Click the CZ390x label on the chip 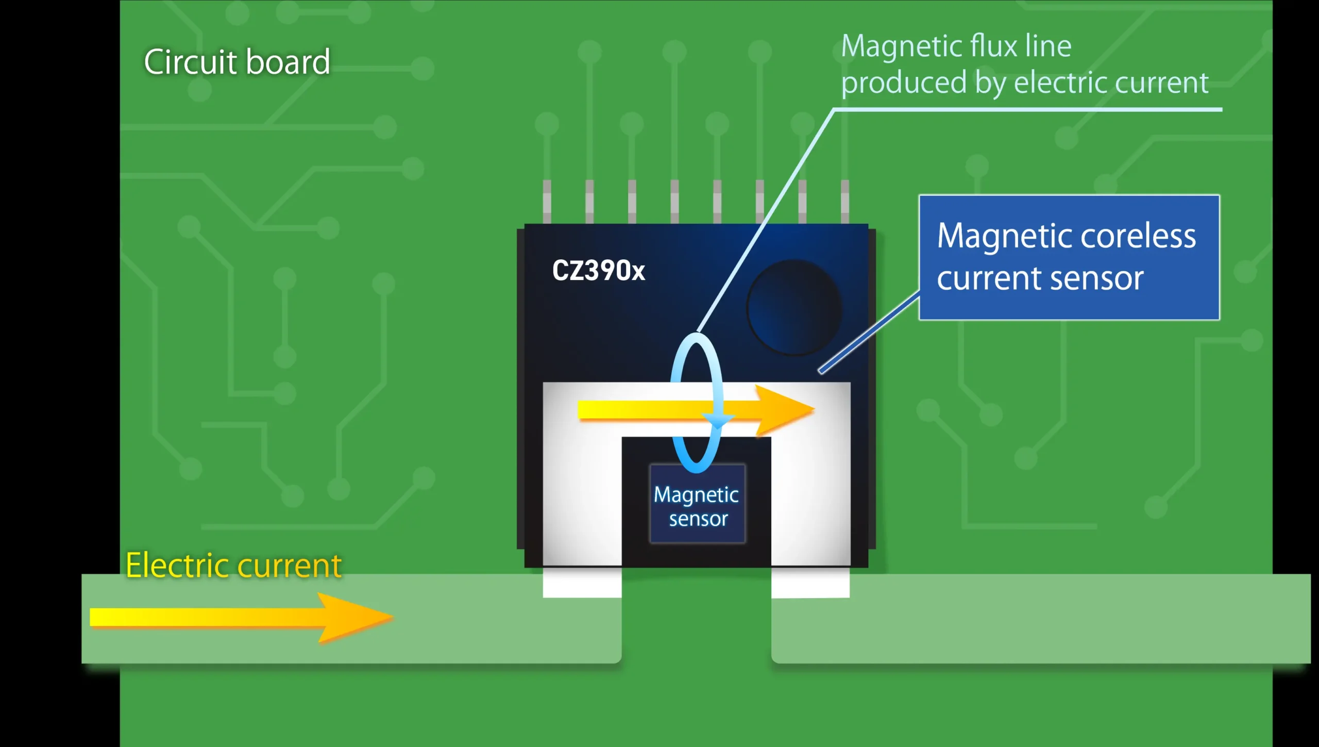click(x=598, y=270)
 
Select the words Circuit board click(x=237, y=62)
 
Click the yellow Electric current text click(x=233, y=566)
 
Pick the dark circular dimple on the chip click(x=794, y=308)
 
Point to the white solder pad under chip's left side click(x=582, y=583)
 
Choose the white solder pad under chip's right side click(x=810, y=583)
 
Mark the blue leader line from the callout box click(x=870, y=332)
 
